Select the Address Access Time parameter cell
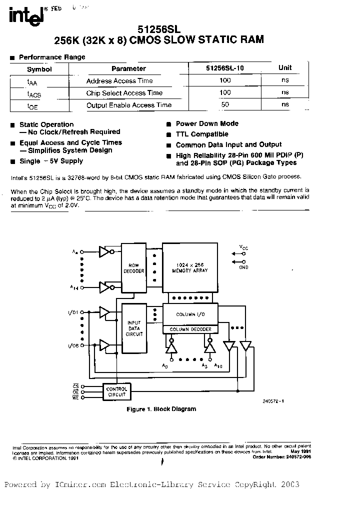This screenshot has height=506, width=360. click(x=119, y=81)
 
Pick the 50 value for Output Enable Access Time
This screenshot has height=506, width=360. click(x=225, y=105)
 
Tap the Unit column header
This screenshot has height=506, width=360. click(x=285, y=68)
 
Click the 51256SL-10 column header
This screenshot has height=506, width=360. click(x=225, y=68)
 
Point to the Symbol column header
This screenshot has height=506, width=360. click(x=39, y=69)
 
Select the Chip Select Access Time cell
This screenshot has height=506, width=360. click(x=124, y=93)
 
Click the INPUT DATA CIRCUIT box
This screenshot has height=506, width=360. click(x=134, y=328)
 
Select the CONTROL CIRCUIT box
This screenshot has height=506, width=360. click(x=116, y=391)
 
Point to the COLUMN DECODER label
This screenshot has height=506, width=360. click(x=190, y=329)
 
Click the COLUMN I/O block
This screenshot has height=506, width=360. click(x=190, y=314)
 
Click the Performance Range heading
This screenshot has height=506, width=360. click(x=52, y=57)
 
